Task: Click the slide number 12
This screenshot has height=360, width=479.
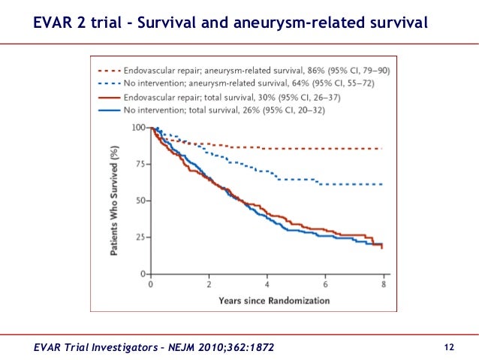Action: (450, 346)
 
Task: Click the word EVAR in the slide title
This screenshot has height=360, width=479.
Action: (56, 23)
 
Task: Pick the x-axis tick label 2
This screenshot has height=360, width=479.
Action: (209, 285)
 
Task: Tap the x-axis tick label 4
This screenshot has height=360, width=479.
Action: (267, 285)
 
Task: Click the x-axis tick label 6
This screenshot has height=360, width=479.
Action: (325, 285)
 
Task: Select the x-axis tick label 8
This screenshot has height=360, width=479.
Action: (384, 285)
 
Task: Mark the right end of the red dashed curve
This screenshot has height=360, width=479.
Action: (382, 149)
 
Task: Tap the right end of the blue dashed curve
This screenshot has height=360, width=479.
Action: (382, 184)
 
